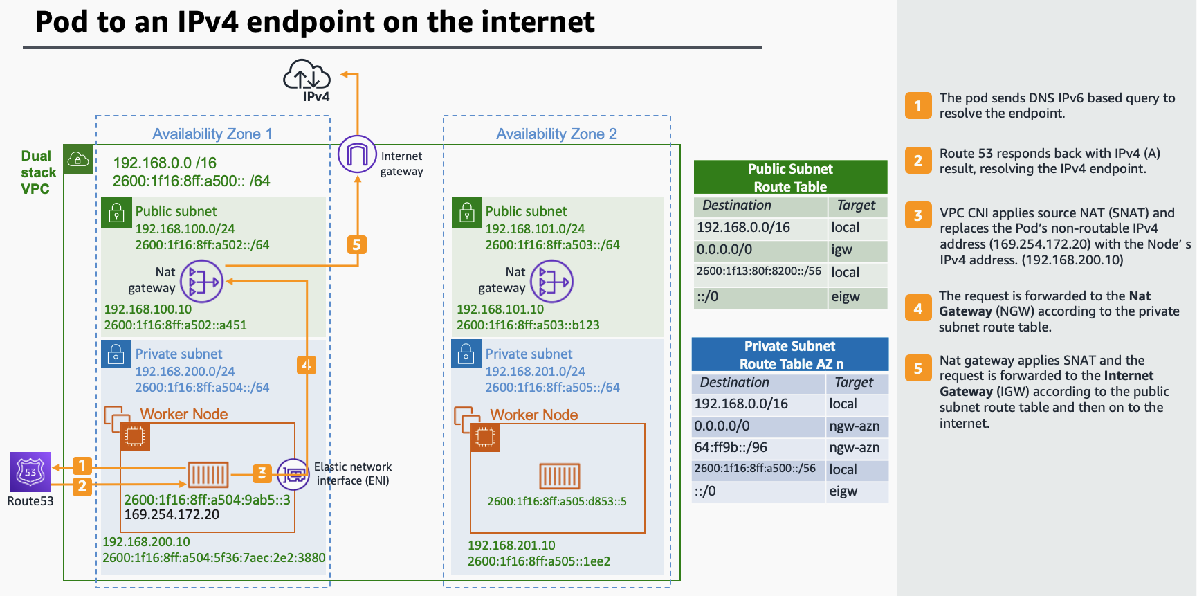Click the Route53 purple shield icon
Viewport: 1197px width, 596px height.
click(x=30, y=472)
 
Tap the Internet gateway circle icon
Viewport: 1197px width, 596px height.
click(x=357, y=154)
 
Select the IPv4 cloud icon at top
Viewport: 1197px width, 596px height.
click(x=307, y=75)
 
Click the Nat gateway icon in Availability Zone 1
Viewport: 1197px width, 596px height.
click(x=202, y=281)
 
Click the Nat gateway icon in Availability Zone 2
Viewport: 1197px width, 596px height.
click(x=552, y=281)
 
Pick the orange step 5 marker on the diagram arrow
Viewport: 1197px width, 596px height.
click(x=356, y=244)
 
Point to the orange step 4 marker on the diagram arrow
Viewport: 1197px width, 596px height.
click(x=306, y=365)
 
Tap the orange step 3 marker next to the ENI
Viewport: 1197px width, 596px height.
click(x=262, y=473)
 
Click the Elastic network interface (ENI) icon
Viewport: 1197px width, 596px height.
click(x=293, y=475)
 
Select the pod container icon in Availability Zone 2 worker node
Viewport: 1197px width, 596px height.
click(x=559, y=476)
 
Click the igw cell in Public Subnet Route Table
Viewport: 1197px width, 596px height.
click(x=857, y=250)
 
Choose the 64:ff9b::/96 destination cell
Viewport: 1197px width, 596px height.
click(x=757, y=448)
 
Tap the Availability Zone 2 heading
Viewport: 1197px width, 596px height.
click(x=556, y=134)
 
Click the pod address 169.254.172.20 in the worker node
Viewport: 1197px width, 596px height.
click(x=172, y=515)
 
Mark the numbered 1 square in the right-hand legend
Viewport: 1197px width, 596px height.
click(x=918, y=106)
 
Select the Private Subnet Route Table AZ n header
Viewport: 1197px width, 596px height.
click(x=790, y=354)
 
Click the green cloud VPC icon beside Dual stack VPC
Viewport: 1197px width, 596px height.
click(x=78, y=160)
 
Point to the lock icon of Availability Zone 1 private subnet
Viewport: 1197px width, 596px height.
click(x=116, y=354)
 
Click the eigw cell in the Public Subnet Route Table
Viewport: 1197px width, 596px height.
click(x=857, y=297)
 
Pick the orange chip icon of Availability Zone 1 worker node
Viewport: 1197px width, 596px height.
click(x=134, y=436)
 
